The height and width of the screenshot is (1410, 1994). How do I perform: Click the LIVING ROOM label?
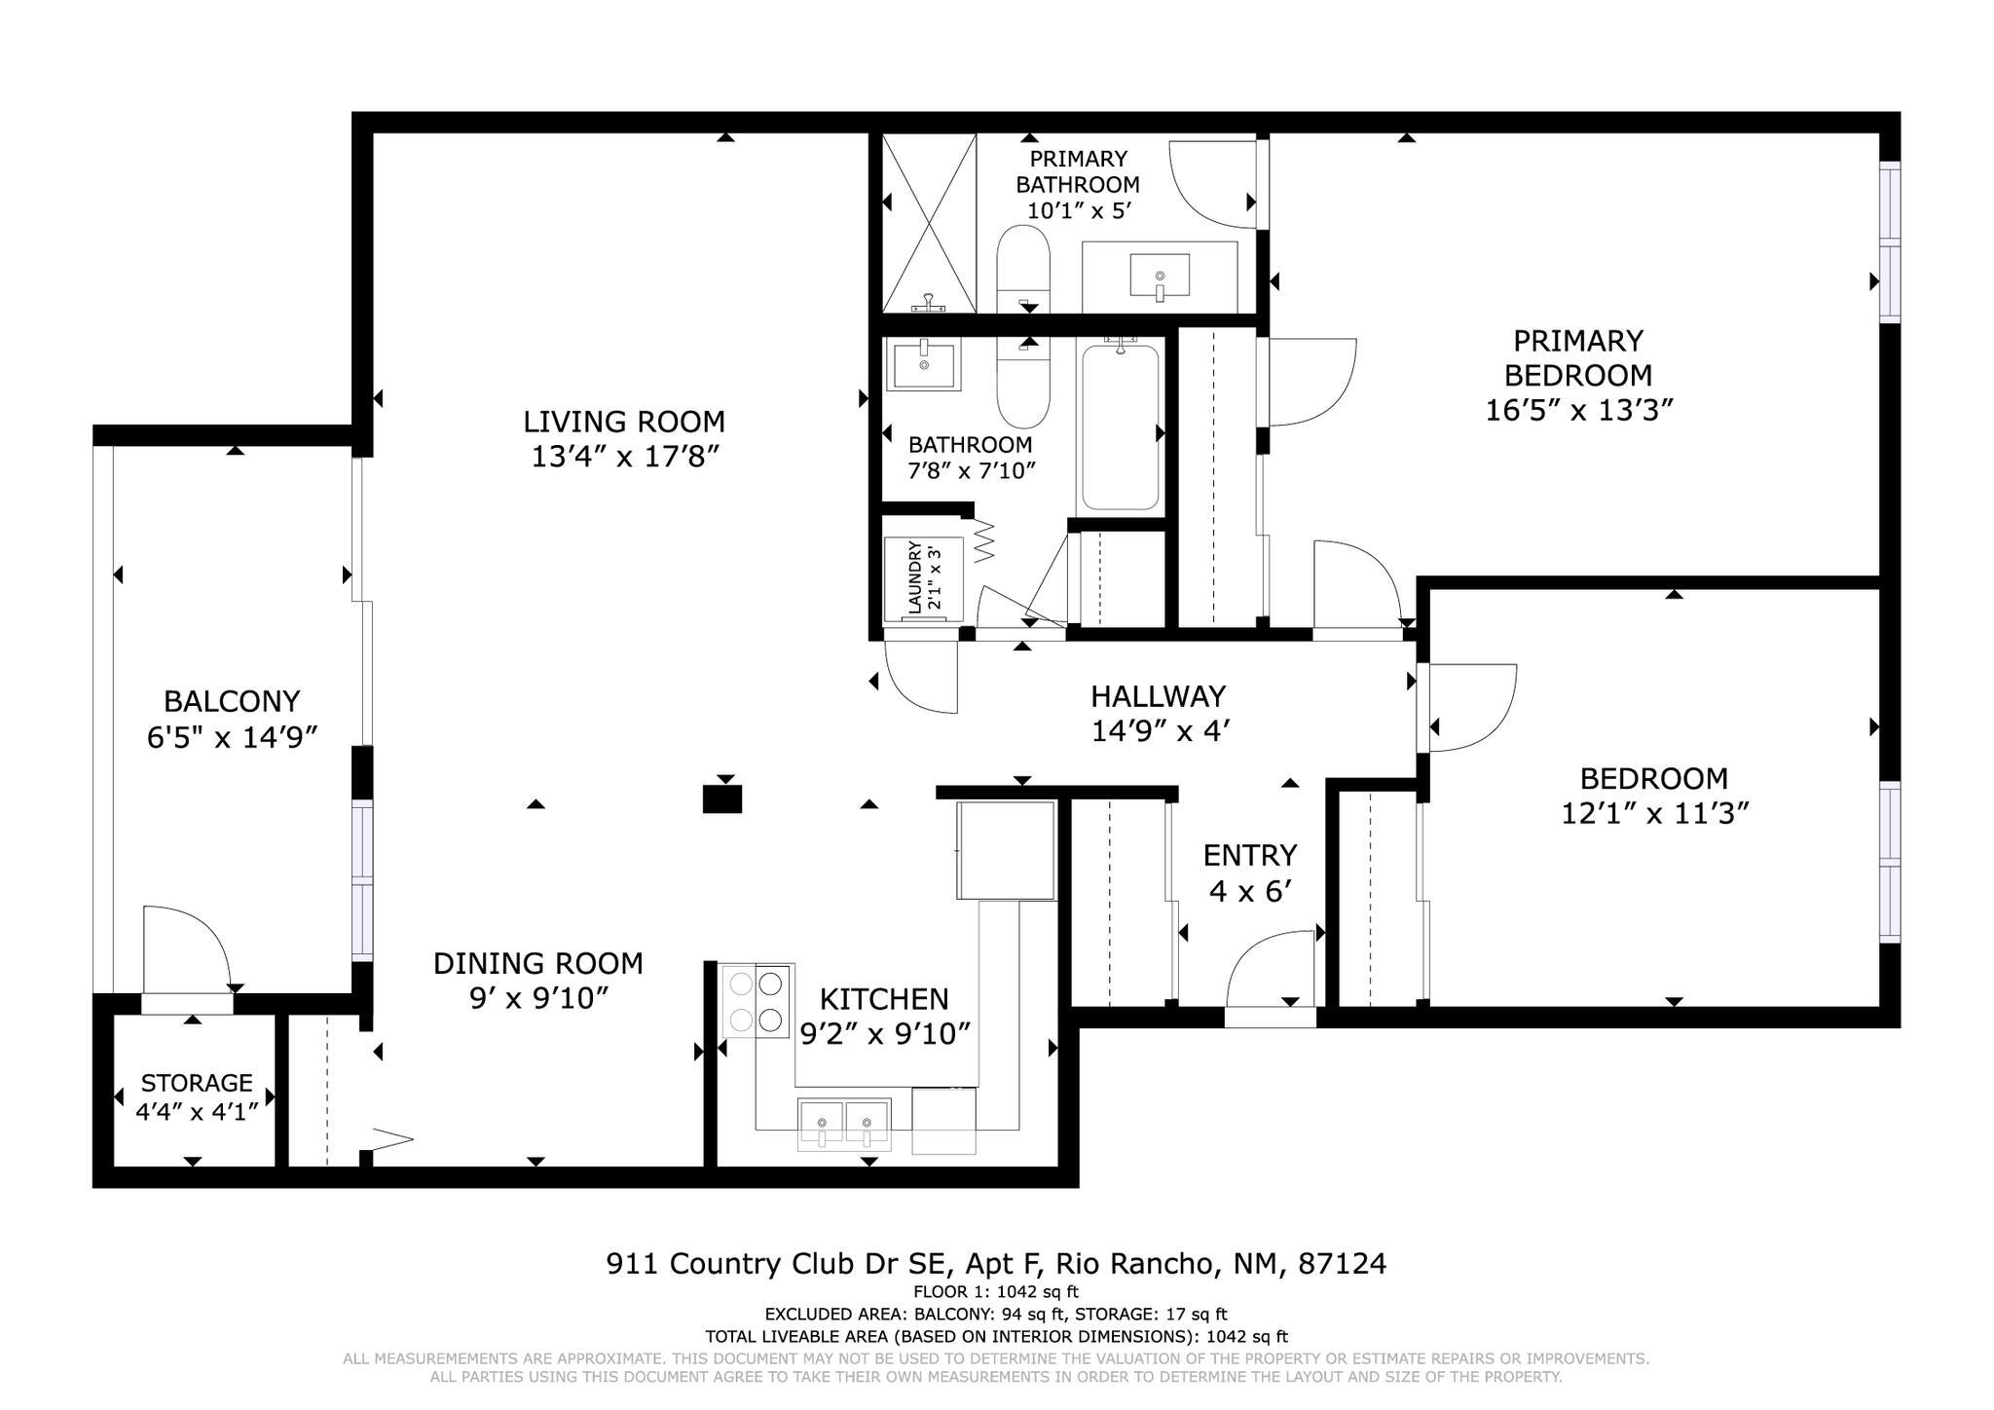click(624, 422)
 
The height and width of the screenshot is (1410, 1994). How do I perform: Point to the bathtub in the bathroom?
click(1121, 427)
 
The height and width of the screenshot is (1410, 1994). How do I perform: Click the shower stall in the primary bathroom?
click(929, 223)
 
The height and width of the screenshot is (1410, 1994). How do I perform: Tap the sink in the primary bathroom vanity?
click(1160, 275)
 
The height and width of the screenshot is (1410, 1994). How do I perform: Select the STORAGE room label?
click(197, 1083)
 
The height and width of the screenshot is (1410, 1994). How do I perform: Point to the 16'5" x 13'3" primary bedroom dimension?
click(1578, 410)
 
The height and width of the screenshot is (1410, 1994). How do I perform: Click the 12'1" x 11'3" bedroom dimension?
click(1655, 813)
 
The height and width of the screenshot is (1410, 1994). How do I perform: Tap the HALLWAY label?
click(1158, 696)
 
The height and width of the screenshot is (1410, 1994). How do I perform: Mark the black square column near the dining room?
click(722, 799)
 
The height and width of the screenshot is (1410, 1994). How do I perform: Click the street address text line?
click(996, 1264)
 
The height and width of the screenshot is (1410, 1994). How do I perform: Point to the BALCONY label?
click(232, 701)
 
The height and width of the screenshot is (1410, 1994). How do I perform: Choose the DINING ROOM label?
click(537, 963)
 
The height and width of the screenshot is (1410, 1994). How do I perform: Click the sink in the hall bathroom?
click(922, 364)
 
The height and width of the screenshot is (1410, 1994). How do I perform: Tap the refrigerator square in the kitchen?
click(1006, 850)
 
